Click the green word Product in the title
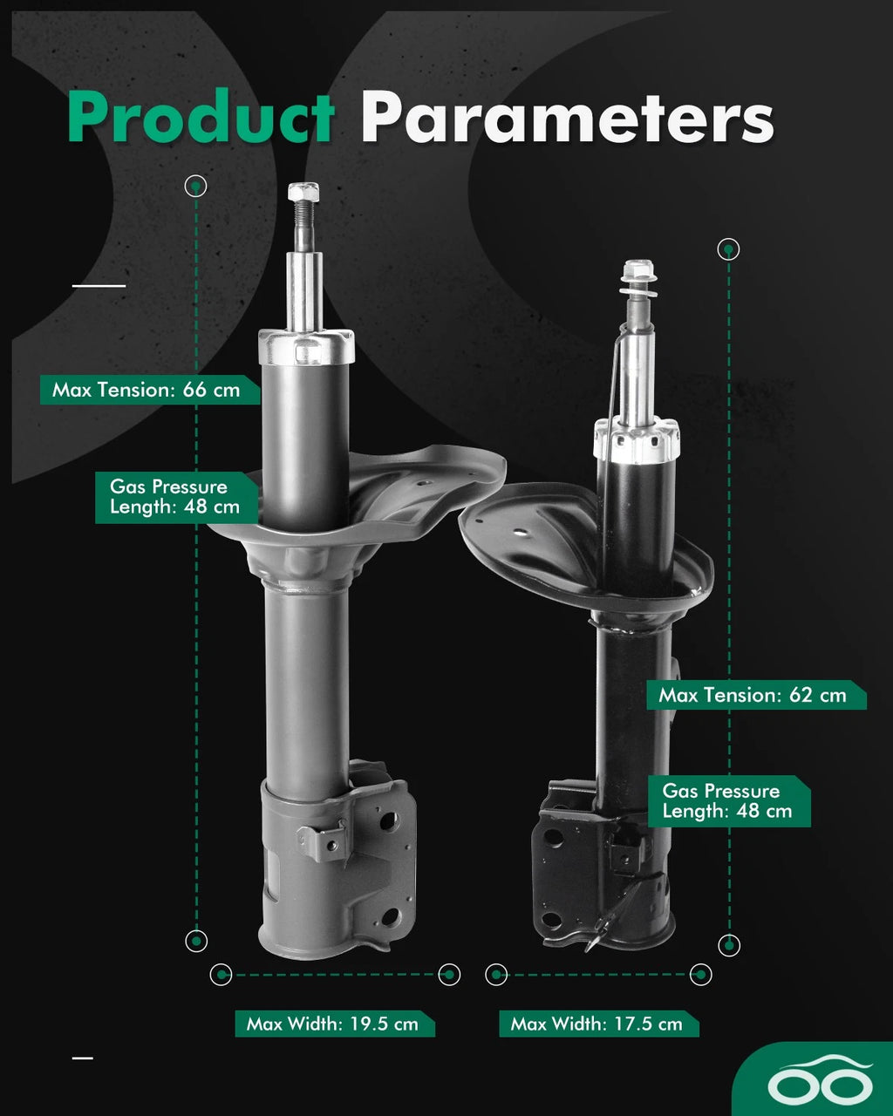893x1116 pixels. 201,116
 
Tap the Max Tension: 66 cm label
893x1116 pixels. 149,390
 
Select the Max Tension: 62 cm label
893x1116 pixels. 756,695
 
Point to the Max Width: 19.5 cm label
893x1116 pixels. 335,1024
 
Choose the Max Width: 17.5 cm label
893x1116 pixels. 599,1024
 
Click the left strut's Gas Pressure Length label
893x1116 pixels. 176,497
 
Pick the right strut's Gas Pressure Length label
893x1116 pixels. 729,801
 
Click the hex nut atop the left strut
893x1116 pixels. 303,191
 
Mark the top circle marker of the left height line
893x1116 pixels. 195,186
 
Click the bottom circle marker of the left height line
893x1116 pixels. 196,941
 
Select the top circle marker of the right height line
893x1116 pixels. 728,249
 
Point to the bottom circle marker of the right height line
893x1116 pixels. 729,945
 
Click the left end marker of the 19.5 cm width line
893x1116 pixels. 221,975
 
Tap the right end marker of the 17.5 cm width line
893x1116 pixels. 700,975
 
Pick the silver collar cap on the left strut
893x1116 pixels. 307,347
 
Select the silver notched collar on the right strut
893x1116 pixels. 637,440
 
